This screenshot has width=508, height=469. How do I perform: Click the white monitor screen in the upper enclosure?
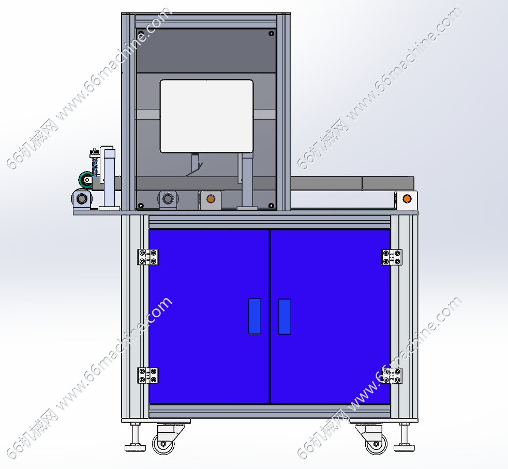pos(206,116)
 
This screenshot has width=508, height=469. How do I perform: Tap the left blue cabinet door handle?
pos(255,316)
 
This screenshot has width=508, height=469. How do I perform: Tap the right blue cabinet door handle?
pos(285,316)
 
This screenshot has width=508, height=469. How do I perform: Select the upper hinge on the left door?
pos(148,257)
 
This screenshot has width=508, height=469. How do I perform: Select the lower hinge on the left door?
pos(148,375)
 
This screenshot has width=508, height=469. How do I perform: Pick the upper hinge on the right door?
pos(392,257)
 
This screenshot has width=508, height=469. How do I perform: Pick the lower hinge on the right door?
pos(392,376)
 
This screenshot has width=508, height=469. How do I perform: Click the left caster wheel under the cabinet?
pos(163,444)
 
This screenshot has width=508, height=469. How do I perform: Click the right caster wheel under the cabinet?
pos(376,444)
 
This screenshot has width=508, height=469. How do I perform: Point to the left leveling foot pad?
pos(135,448)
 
